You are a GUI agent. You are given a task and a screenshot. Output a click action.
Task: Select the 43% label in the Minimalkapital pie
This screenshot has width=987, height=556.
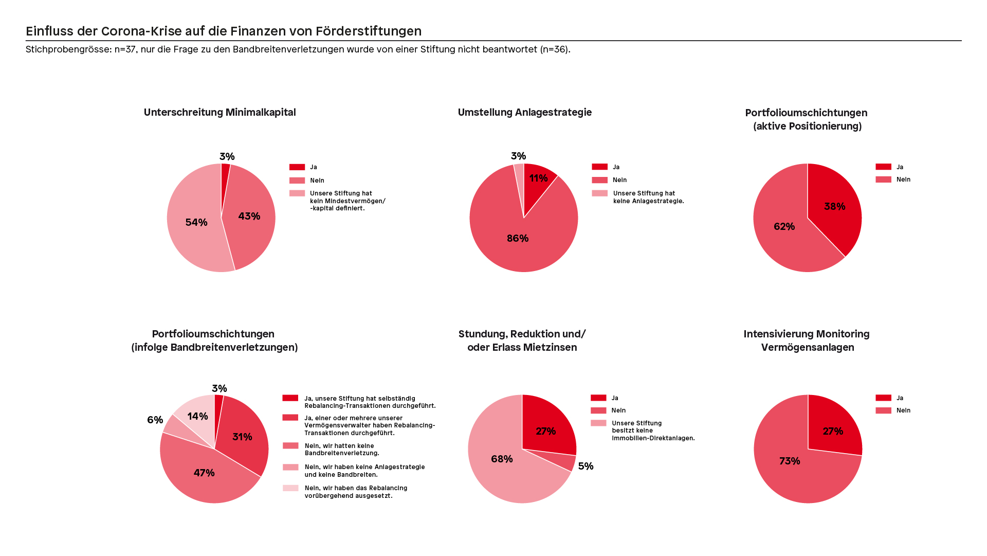pos(249,217)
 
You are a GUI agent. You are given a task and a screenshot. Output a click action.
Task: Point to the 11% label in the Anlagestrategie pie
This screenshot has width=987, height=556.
pos(539,178)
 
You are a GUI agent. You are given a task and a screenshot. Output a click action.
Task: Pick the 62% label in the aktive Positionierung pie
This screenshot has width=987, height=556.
pos(784,227)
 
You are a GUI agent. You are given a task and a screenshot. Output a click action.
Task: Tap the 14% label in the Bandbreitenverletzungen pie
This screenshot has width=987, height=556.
pos(197,417)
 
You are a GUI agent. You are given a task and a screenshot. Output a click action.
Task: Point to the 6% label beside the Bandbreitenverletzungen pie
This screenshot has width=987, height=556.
pos(155,420)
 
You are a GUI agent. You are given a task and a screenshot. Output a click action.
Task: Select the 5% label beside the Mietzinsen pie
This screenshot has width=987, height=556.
pos(586,467)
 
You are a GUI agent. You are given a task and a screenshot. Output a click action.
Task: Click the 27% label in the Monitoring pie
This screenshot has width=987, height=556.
pos(833,432)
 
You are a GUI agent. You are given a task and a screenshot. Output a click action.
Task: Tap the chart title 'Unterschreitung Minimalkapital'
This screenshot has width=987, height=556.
pos(220,113)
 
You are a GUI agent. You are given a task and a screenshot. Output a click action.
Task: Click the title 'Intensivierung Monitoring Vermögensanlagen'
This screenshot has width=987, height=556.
pos(807,340)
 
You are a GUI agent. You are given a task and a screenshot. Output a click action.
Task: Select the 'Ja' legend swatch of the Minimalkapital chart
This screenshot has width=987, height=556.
pos(297,167)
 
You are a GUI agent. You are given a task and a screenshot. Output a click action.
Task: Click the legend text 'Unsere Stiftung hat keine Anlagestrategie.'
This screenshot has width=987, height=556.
pos(649,197)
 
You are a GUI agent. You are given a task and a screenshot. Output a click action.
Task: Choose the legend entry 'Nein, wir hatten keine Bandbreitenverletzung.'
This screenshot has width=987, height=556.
pos(342,450)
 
